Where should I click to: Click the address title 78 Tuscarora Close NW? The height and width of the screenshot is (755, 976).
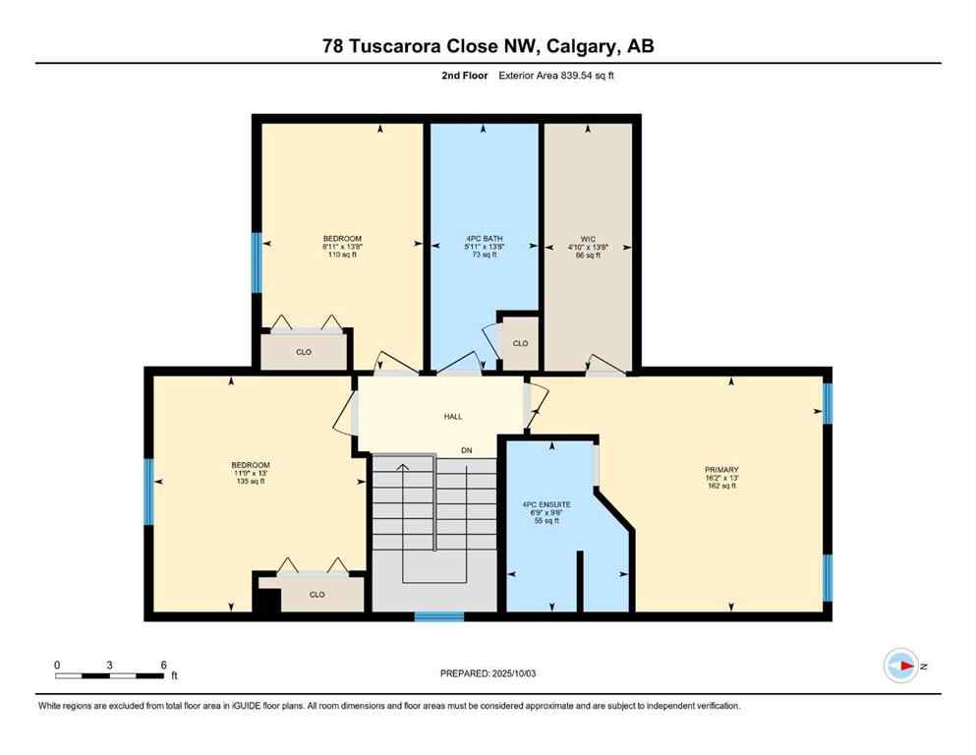pos(488,45)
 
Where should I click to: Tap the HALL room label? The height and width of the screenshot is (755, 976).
pos(452,416)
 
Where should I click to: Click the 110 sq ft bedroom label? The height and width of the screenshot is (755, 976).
pos(342,247)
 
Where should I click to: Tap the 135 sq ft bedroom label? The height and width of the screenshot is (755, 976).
pos(250,473)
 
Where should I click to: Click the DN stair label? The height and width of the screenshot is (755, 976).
pos(468,450)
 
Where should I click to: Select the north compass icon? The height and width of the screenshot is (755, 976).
pos(900,666)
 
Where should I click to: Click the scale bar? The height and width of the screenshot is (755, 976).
pos(109,675)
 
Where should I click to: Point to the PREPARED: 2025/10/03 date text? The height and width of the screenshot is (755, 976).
pos(488,673)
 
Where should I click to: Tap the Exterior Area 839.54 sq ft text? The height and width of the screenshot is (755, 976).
pos(531,75)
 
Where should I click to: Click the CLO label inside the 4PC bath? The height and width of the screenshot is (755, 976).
pos(520,343)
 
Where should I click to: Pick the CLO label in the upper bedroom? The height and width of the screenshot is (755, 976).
pos(304,351)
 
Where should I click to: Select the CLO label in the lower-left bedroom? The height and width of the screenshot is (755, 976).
pos(316,594)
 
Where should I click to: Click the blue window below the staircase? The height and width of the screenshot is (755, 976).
pos(438,616)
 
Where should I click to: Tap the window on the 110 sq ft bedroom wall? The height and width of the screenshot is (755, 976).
pos(257,262)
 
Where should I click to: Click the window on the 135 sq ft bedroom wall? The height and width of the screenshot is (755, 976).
pos(148,492)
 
